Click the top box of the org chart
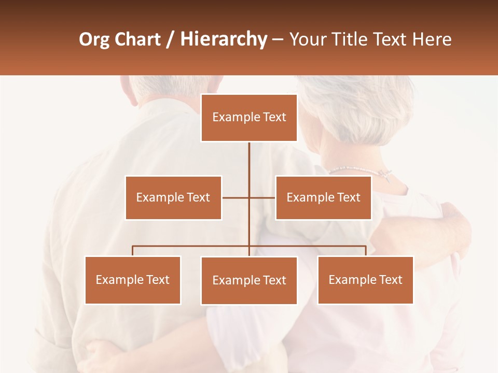coord(249,118)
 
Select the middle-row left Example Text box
coord(173,197)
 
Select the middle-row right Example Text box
coord(323,197)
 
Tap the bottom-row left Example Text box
coord(133,280)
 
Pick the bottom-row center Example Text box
coord(249,280)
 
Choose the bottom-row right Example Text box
coord(365,280)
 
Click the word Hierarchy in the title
coord(224,39)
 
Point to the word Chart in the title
coord(139,39)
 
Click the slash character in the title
coord(170,39)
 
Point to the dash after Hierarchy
coord(278,39)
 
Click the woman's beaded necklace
coord(358,169)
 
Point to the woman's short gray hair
coord(358,109)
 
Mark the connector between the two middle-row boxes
coord(248,197)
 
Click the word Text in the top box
coord(273,117)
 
